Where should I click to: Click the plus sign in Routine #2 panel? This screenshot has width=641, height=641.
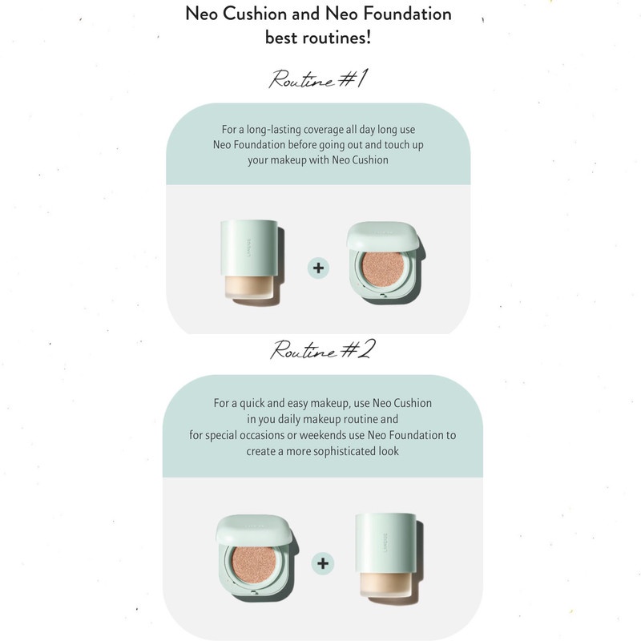[322, 562]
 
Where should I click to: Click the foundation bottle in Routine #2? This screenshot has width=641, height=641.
[388, 561]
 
